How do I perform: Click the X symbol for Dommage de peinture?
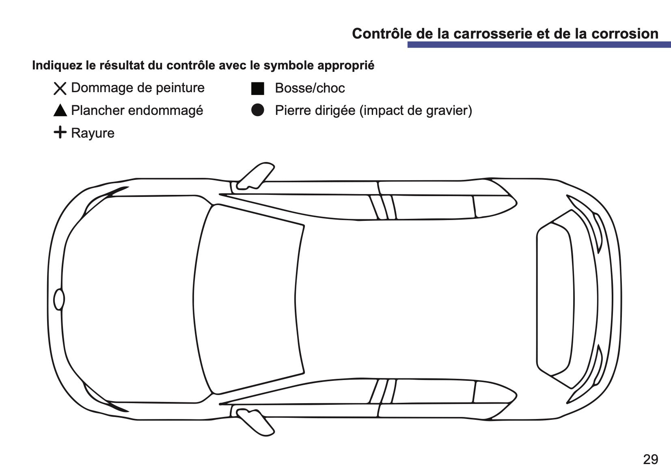click(x=60, y=89)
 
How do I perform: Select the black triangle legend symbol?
click(x=60, y=110)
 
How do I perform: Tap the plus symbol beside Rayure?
click(x=60, y=132)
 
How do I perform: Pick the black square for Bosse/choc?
click(x=258, y=89)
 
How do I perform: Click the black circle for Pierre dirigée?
click(x=258, y=110)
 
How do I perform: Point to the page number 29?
click(x=651, y=459)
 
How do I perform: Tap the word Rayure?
click(x=93, y=133)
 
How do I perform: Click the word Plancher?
click(x=98, y=110)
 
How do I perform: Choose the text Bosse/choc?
click(x=310, y=88)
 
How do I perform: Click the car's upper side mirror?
click(x=255, y=176)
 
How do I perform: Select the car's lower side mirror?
click(x=255, y=422)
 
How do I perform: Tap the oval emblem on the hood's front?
click(x=59, y=300)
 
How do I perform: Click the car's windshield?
click(x=248, y=300)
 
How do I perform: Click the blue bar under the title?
click(x=539, y=45)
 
